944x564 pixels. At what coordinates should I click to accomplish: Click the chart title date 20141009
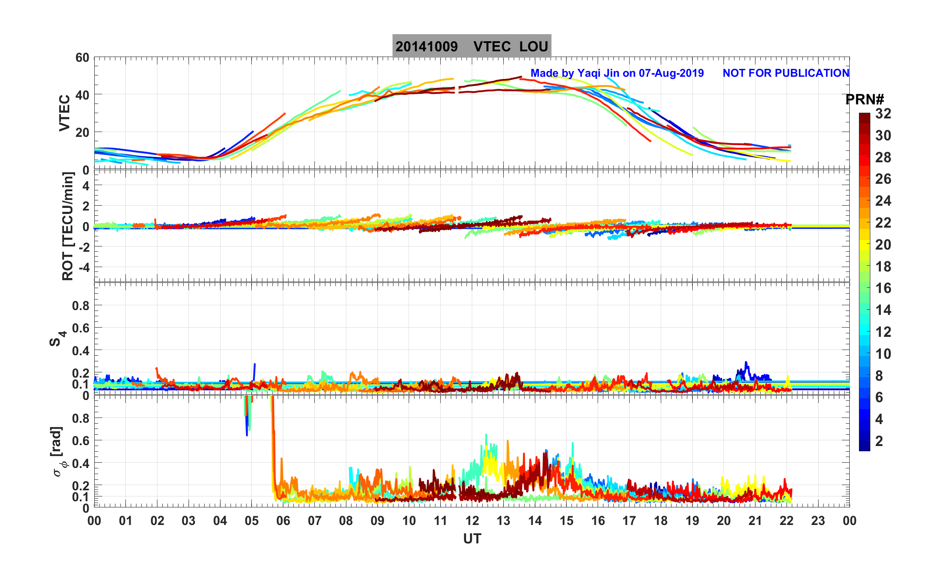(x=426, y=46)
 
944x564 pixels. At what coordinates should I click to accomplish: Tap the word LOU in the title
(x=534, y=46)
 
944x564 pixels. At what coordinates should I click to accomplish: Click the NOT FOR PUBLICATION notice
(x=786, y=73)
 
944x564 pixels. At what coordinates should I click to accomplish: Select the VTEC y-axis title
(x=64, y=113)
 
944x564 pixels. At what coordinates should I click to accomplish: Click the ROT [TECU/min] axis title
(x=68, y=226)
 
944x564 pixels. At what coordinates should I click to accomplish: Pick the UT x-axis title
(x=472, y=539)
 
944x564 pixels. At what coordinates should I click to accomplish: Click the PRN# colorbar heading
(x=864, y=100)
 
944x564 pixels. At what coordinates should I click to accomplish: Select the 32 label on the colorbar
(x=883, y=114)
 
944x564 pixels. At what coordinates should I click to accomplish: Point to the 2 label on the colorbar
(x=879, y=441)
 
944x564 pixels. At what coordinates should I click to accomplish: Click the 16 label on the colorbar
(x=883, y=288)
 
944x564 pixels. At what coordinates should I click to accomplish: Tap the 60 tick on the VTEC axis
(x=82, y=58)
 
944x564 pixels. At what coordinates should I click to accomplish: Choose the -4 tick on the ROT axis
(x=82, y=267)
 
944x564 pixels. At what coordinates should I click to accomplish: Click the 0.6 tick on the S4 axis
(x=81, y=328)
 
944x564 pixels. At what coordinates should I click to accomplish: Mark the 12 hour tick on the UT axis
(x=472, y=521)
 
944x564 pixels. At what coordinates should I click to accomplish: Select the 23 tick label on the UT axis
(x=818, y=521)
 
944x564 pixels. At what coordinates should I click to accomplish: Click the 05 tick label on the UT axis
(x=252, y=521)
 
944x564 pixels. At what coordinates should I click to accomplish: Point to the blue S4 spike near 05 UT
(x=254, y=371)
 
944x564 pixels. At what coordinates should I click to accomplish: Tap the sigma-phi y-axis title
(x=58, y=452)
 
